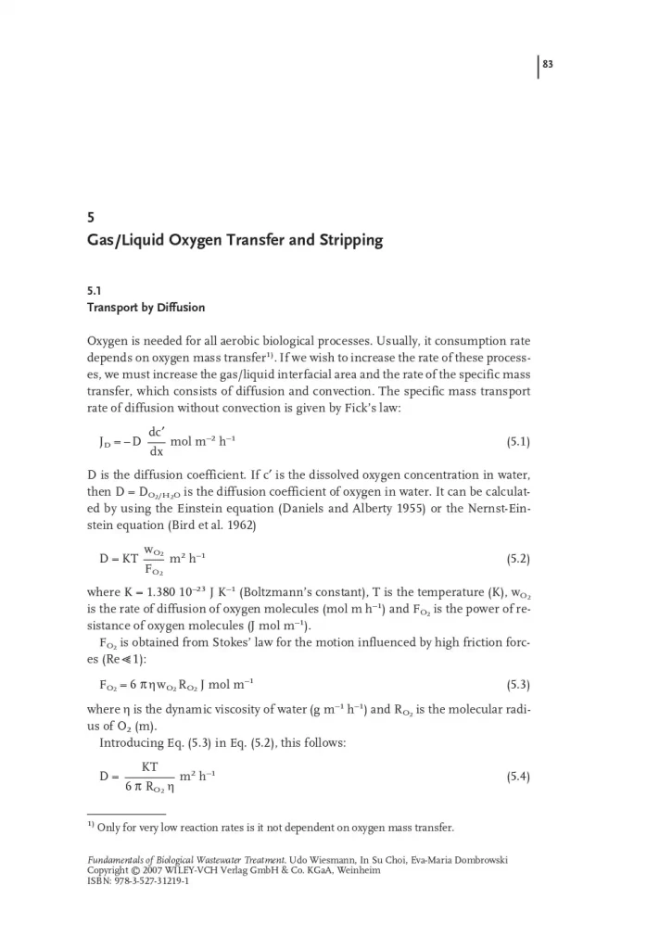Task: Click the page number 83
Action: point(547,65)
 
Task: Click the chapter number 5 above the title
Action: point(90,219)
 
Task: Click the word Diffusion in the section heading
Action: point(179,307)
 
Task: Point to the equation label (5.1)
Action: point(518,442)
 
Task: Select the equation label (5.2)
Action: point(518,560)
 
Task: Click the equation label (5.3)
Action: point(518,685)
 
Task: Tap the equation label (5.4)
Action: point(518,777)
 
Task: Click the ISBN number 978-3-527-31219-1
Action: point(148,880)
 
